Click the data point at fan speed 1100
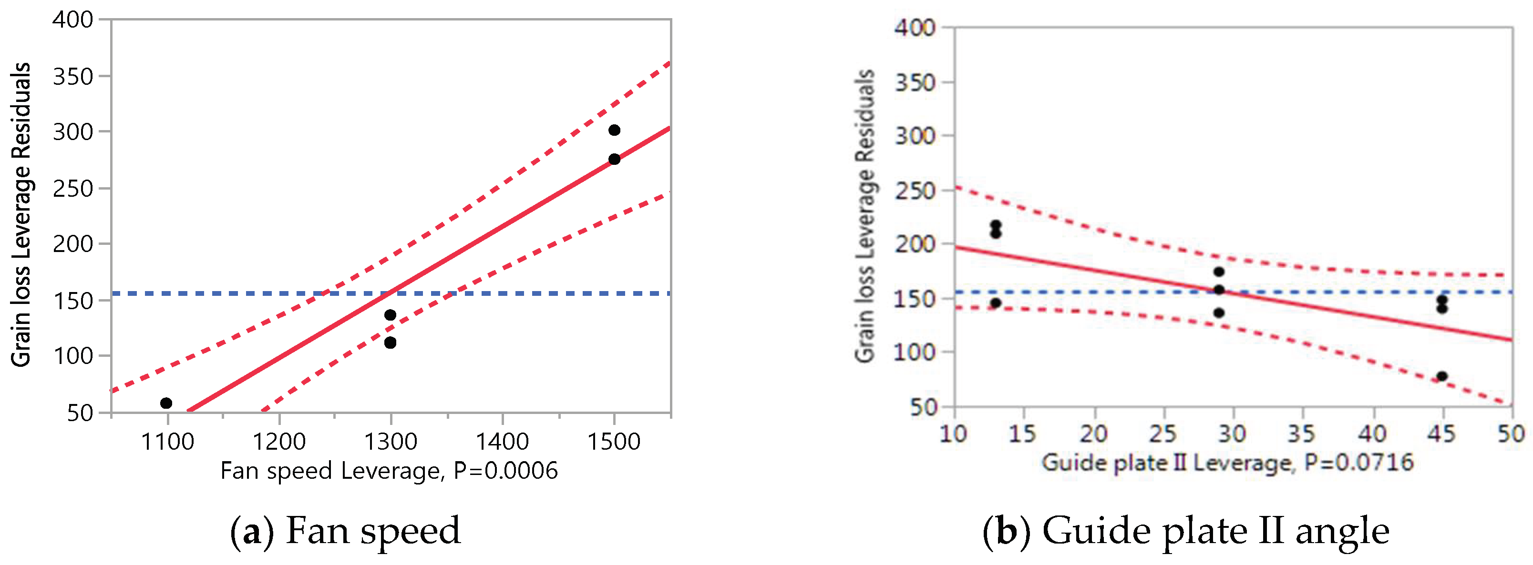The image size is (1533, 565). (x=166, y=403)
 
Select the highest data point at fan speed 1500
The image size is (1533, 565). (x=614, y=130)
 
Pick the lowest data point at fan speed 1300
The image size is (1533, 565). (x=391, y=343)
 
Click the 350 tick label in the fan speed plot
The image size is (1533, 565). (x=73, y=77)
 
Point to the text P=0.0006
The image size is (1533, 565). (x=506, y=471)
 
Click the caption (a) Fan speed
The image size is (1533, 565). (x=345, y=531)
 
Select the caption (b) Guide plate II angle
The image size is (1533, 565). (x=1186, y=531)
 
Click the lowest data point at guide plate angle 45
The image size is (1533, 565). (x=1442, y=376)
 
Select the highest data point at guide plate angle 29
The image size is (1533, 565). (x=1219, y=272)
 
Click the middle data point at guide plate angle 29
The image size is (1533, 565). (x=1219, y=290)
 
